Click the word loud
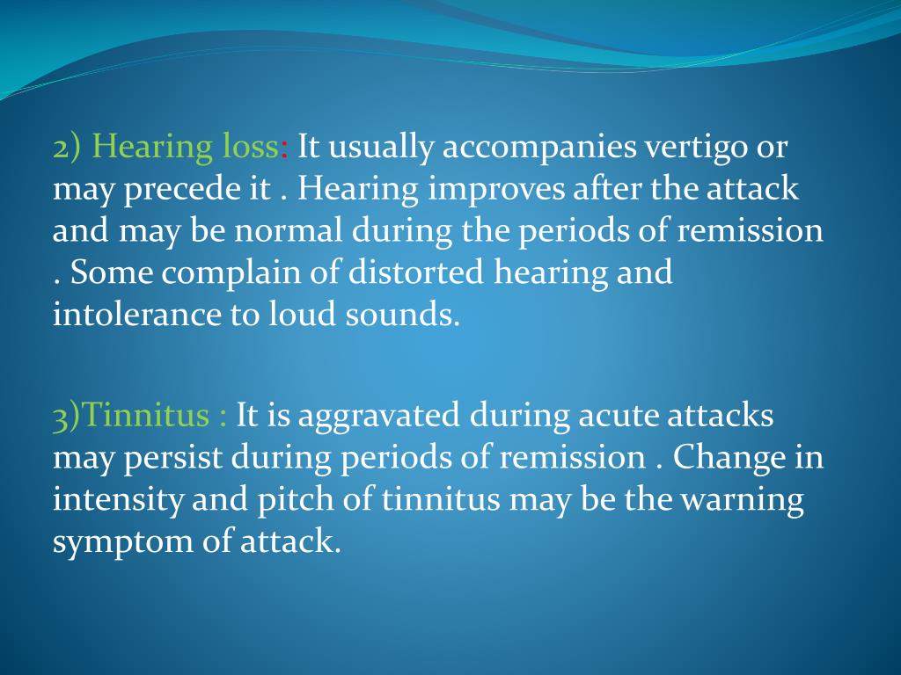point(303,315)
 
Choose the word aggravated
point(378,416)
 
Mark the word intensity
point(106,499)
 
